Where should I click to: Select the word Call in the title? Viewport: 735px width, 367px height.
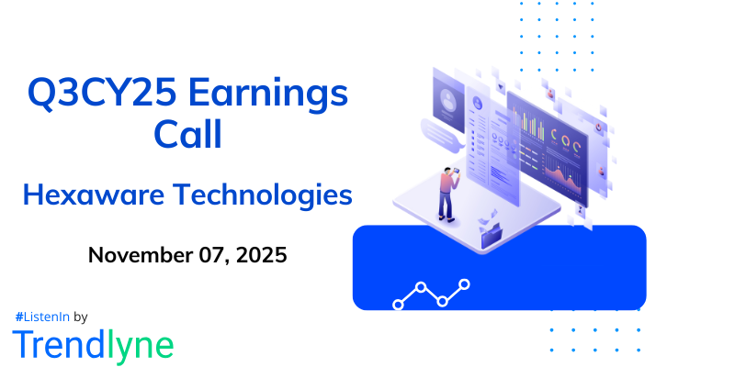coord(187,136)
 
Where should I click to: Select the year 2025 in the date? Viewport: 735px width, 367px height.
coord(261,254)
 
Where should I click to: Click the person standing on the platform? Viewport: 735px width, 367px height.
coord(449,194)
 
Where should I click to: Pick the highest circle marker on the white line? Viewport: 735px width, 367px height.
coord(465,284)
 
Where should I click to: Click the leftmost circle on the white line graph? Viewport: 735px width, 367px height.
coord(398,302)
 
